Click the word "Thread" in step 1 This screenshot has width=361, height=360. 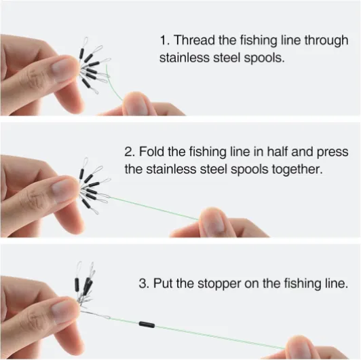(195, 40)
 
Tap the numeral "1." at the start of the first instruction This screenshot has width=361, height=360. (165, 40)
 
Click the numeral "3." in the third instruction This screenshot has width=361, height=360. (144, 283)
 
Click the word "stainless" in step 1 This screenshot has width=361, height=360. (184, 57)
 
